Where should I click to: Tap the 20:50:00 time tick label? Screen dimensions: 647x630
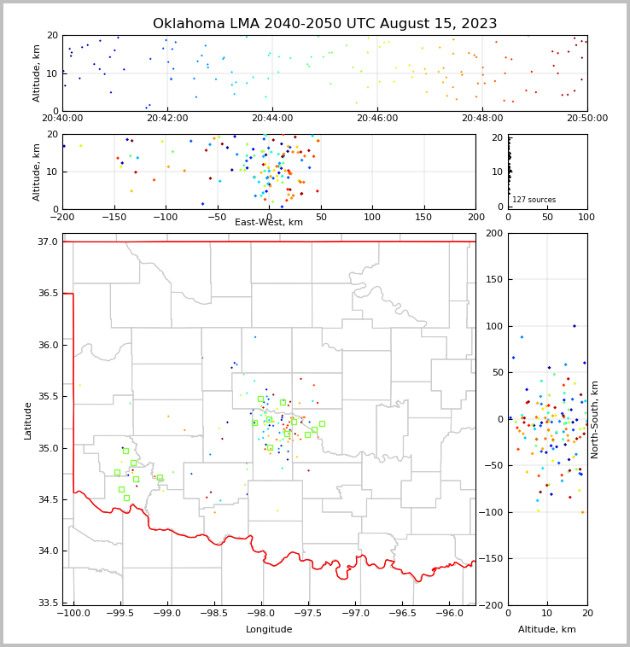coord(587,119)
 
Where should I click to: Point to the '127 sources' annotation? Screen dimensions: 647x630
coord(534,200)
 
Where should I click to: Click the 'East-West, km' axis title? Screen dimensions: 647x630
coord(269,222)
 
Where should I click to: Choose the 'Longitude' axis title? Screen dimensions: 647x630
coord(269,630)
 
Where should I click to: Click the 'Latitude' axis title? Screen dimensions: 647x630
coord(28,420)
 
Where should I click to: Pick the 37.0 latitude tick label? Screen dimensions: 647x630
coord(47,242)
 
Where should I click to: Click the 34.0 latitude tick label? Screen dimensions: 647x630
coord(47,551)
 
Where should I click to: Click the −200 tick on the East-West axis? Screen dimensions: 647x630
coord(62,216)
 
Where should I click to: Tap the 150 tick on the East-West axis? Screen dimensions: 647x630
coord(423,216)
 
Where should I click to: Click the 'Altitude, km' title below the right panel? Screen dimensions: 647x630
coord(547,630)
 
